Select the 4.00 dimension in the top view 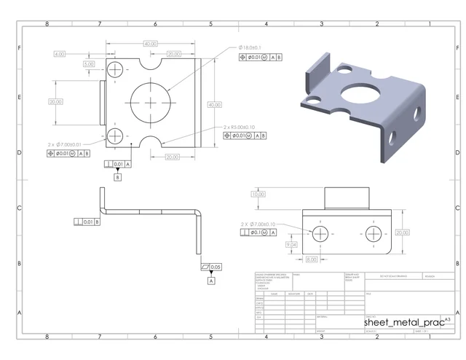tap(60, 54)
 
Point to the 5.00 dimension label tap(89, 64)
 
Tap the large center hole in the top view tap(151, 103)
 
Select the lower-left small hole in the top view tap(115, 136)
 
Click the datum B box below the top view tap(117, 177)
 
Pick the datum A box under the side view tap(211, 280)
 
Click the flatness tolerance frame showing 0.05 tap(211, 267)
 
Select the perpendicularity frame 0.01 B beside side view tap(87, 222)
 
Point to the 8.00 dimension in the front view tap(312, 259)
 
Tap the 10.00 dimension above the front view tap(257, 195)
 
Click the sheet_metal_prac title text tap(403, 322)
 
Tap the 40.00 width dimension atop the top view tap(151, 44)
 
